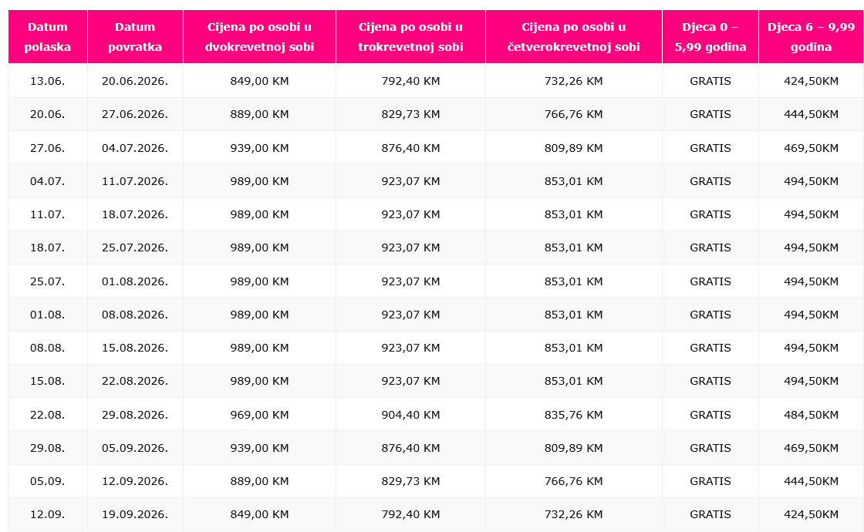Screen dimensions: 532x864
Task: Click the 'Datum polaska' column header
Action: coord(47,37)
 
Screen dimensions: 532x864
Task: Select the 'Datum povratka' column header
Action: coord(135,37)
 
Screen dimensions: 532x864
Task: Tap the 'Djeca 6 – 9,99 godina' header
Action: coord(811,37)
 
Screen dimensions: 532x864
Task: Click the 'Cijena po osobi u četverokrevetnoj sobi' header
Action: coord(573,37)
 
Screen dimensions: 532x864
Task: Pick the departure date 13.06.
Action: coord(47,81)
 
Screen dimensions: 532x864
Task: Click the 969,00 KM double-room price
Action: coord(259,415)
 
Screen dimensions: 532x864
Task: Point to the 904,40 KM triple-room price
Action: coord(410,415)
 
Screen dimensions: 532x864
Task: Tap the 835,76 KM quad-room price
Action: coord(573,415)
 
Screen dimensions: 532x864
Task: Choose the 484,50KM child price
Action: coord(811,415)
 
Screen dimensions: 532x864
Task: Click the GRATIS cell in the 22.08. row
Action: coord(710,415)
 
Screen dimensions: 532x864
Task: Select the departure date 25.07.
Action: coord(47,281)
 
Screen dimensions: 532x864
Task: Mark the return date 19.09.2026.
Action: coord(135,514)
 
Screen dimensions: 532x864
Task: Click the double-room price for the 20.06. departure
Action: coord(259,114)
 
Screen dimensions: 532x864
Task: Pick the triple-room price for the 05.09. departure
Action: coord(410,481)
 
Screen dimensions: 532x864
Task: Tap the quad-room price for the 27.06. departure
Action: coord(573,148)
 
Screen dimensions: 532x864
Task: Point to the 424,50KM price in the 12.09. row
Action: coord(811,514)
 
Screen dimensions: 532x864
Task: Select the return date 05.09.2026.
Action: coord(135,448)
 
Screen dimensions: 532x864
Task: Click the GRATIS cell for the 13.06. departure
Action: coord(710,81)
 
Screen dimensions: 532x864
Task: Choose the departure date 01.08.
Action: coord(47,315)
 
